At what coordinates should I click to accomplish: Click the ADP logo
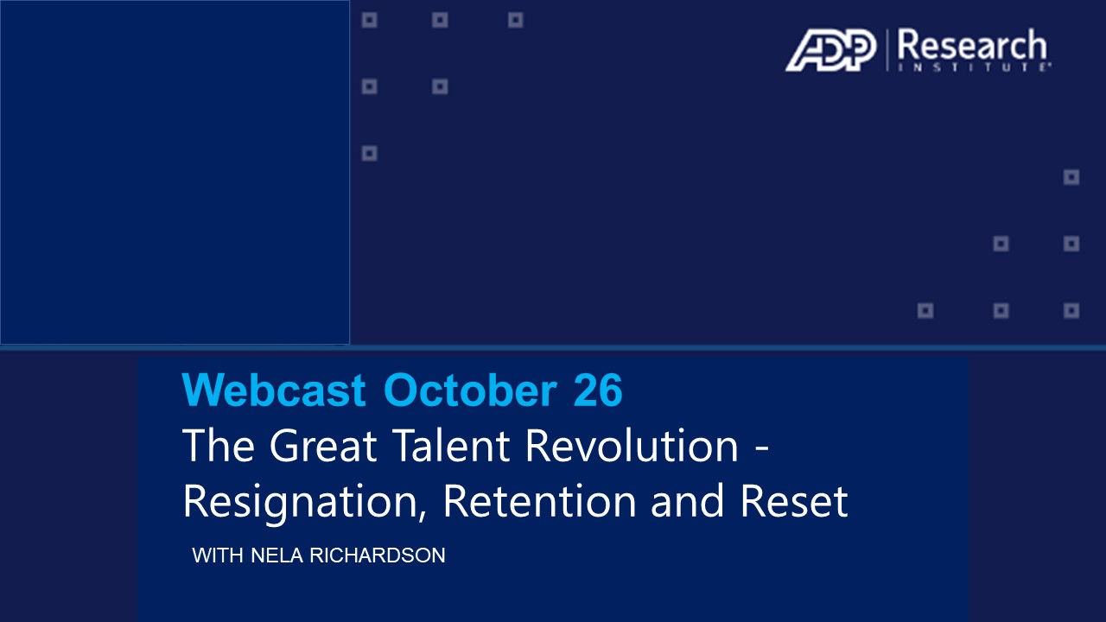(831, 50)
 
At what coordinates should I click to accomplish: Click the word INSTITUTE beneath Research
(974, 67)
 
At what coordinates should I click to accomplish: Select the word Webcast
(274, 390)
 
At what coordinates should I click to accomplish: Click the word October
(471, 390)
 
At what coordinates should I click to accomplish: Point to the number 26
(598, 390)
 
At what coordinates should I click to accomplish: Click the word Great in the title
(323, 445)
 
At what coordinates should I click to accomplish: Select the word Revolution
(632, 445)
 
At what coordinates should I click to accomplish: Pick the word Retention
(540, 500)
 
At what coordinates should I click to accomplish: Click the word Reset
(794, 500)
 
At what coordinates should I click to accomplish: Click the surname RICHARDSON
(378, 555)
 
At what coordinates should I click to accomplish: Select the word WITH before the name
(218, 555)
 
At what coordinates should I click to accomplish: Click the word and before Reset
(687, 500)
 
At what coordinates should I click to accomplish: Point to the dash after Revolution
(762, 449)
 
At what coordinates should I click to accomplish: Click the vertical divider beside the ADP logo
(887, 50)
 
